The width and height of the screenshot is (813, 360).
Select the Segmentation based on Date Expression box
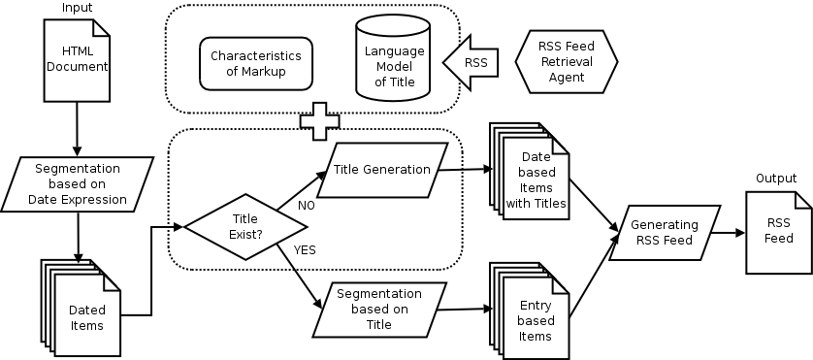78,185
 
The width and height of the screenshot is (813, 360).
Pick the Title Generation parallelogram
382,170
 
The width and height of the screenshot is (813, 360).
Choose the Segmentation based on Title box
379,308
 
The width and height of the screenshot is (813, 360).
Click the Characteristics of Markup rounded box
257,64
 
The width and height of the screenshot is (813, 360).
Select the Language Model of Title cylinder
393,60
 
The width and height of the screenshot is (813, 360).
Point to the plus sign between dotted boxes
319,121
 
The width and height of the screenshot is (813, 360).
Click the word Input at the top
77,8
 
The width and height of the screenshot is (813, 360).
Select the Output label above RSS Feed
777,180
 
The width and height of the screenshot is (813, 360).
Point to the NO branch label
306,205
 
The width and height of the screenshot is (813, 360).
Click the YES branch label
305,249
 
